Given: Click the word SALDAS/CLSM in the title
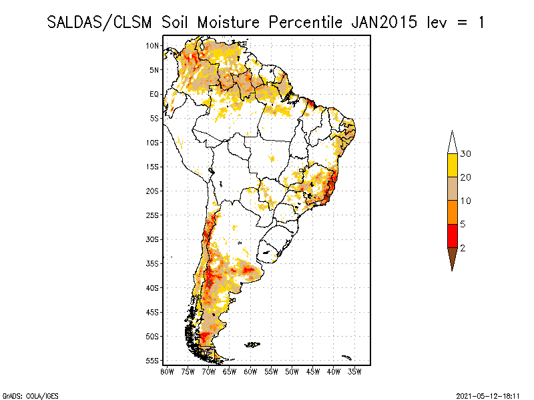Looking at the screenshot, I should point(101,22).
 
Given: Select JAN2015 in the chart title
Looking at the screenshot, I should point(381,22).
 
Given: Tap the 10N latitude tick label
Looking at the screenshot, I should point(152,45).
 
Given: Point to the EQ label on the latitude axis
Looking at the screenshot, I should point(154,94).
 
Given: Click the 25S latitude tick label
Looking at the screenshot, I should point(152,215).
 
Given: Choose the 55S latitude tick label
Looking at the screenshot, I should point(152,360).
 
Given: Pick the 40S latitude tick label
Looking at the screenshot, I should point(152,287).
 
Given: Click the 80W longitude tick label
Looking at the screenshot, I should point(167,370).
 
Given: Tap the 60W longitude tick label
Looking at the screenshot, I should point(250,370).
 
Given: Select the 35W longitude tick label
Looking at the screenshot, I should point(354,370).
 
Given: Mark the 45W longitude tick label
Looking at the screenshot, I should point(313,370).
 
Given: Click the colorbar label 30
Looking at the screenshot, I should point(466,154).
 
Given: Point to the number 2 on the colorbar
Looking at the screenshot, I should point(463,248).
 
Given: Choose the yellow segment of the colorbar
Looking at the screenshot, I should point(452,165).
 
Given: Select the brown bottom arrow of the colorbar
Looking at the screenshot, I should point(452,257).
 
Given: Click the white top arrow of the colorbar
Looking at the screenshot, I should point(452,143).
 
